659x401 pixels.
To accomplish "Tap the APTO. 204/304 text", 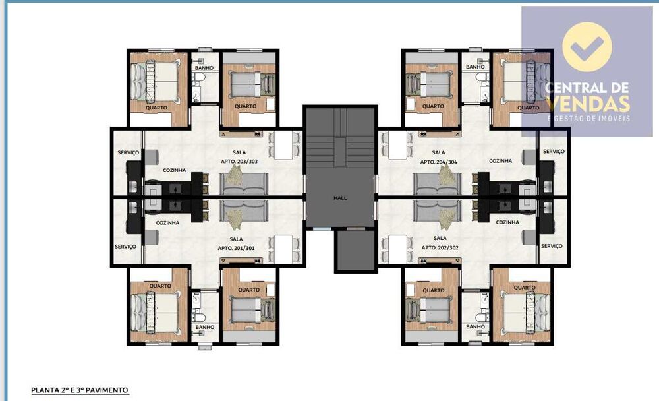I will click(438, 160).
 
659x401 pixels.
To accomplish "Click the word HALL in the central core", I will click(339, 197).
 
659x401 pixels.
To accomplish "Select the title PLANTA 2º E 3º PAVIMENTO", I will click(79, 390).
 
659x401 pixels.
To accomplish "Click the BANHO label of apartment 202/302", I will click(475, 326).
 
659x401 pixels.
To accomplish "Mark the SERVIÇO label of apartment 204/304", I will click(553, 151).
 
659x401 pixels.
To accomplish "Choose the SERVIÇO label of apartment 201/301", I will click(125, 246).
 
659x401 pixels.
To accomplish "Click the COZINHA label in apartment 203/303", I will click(174, 170).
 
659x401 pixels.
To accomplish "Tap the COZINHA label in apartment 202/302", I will click(507, 222).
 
